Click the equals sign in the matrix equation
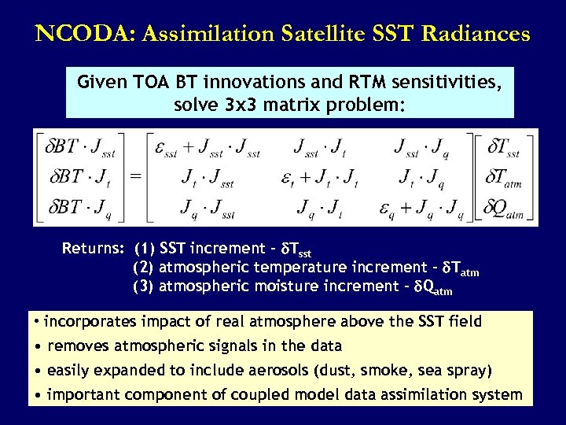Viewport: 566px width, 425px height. pyautogui.click(x=135, y=177)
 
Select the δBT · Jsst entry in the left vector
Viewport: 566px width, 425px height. pyautogui.click(x=79, y=146)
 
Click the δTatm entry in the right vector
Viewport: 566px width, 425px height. pyautogui.click(x=504, y=177)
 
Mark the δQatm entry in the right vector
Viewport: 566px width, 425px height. pyautogui.click(x=504, y=208)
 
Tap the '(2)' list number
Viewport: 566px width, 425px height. pyautogui.click(x=144, y=268)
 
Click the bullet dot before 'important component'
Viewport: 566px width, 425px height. pyautogui.click(x=37, y=395)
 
